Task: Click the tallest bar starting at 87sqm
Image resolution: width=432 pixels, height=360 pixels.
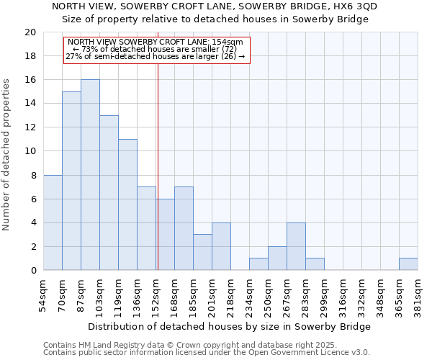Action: pyautogui.click(x=90, y=175)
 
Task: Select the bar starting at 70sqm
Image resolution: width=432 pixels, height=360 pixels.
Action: pyautogui.click(x=71, y=181)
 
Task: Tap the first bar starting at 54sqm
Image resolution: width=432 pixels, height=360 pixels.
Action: pyautogui.click(x=53, y=222)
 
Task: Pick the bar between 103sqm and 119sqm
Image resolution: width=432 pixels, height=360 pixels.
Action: pyautogui.click(x=109, y=193)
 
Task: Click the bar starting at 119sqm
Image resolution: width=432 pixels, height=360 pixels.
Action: pyautogui.click(x=127, y=204)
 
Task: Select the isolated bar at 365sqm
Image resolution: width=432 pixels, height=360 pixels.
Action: pyautogui.click(x=408, y=264)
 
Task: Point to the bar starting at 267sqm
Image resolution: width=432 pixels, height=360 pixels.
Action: pyautogui.click(x=296, y=246)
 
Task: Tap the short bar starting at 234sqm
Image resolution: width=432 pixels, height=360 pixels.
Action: pyautogui.click(x=258, y=264)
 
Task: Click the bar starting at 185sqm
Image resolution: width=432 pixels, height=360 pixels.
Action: pyautogui.click(x=202, y=252)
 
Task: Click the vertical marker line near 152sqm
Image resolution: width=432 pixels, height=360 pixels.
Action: pyautogui.click(x=158, y=166)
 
